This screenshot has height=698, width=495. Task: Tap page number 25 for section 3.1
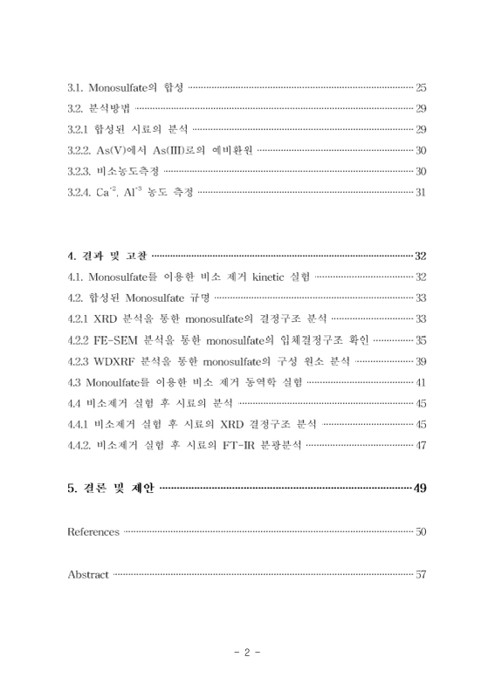pos(420,87)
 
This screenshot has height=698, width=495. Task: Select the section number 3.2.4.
pos(81,192)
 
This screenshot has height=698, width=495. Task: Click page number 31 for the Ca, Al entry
pos(420,192)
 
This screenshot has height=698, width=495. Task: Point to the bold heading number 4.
pos(71,256)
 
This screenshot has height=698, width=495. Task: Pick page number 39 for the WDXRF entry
pos(420,360)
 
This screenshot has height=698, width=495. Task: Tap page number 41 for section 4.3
pos(420,381)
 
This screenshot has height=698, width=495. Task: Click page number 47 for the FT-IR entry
pos(420,445)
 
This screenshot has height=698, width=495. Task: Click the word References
pos(93,531)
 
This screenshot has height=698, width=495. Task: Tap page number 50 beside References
pos(420,531)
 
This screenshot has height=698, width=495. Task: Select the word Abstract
pos(88,574)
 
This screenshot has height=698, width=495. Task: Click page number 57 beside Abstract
pos(420,574)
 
